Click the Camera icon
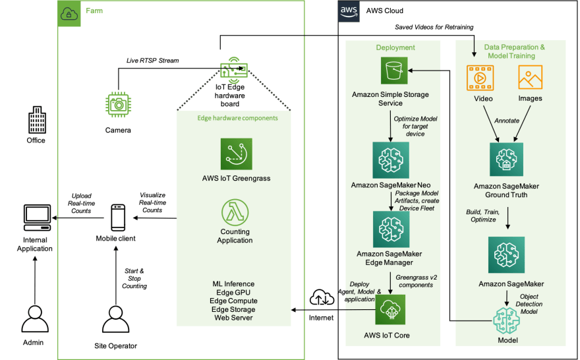click(x=119, y=105)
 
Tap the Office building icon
click(x=38, y=119)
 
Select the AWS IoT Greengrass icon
click(x=237, y=154)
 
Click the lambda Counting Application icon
click(x=235, y=212)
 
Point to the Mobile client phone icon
click(x=118, y=218)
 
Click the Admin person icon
click(x=35, y=318)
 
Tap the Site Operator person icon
click(x=116, y=319)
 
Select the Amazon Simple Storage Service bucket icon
click(x=394, y=71)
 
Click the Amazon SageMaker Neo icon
click(x=391, y=160)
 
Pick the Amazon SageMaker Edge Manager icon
click(x=391, y=229)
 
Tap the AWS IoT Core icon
click(x=390, y=309)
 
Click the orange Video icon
click(x=480, y=78)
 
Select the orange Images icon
click(x=531, y=77)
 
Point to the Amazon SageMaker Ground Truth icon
click(x=506, y=160)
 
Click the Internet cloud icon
click(x=322, y=297)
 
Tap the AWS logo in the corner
click(x=349, y=11)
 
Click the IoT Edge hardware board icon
click(x=234, y=69)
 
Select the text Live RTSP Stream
click(x=152, y=60)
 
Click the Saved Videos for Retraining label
click(x=434, y=27)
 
